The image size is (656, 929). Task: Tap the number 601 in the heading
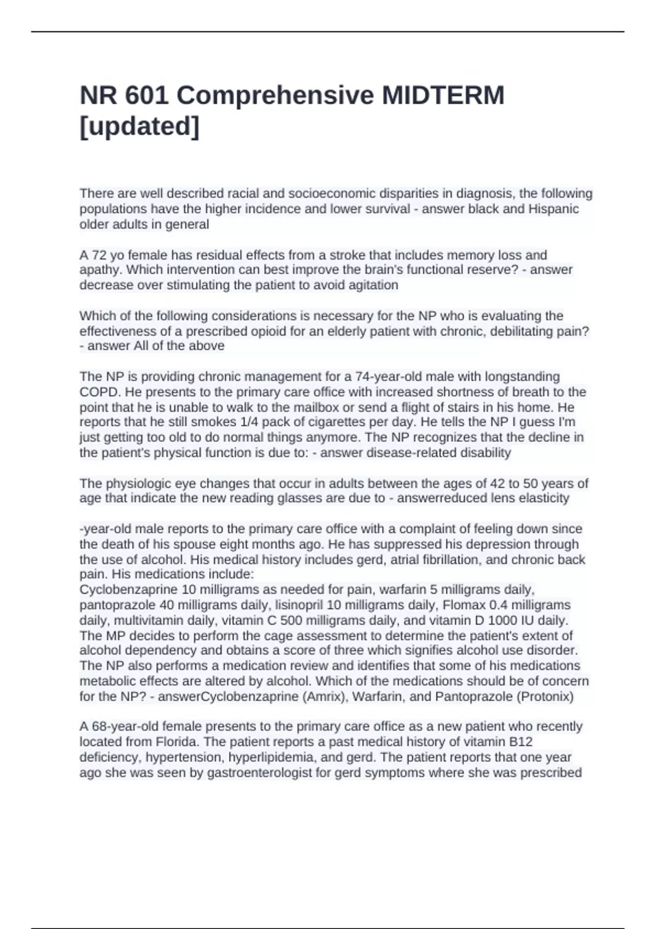pyautogui.click(x=147, y=96)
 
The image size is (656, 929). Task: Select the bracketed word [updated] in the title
pyautogui.click(x=140, y=127)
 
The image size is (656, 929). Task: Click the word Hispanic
pyautogui.click(x=553, y=209)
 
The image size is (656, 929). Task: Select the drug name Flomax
pyautogui.click(x=462, y=605)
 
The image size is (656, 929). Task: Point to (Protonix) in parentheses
pyautogui.click(x=541, y=697)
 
